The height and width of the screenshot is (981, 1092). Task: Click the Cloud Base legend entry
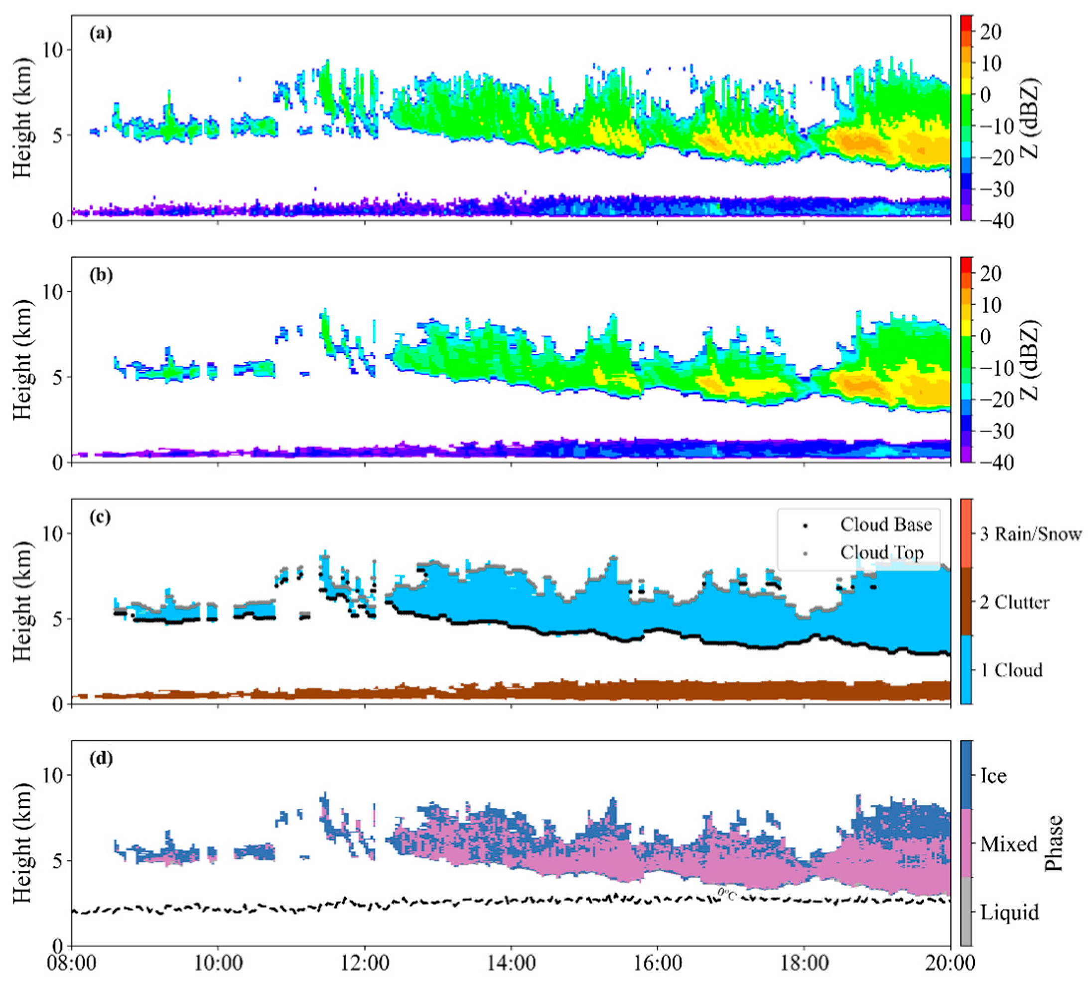885,524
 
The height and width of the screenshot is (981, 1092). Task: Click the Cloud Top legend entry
881,552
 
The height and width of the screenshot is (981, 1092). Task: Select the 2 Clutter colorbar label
1014,602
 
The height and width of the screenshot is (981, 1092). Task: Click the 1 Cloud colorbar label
1011,670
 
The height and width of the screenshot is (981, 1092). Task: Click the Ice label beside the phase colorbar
993,776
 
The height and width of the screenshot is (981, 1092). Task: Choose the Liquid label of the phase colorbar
1009,912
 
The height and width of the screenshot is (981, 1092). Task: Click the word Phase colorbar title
1053,843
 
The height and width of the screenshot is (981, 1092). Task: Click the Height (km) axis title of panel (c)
22,601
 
